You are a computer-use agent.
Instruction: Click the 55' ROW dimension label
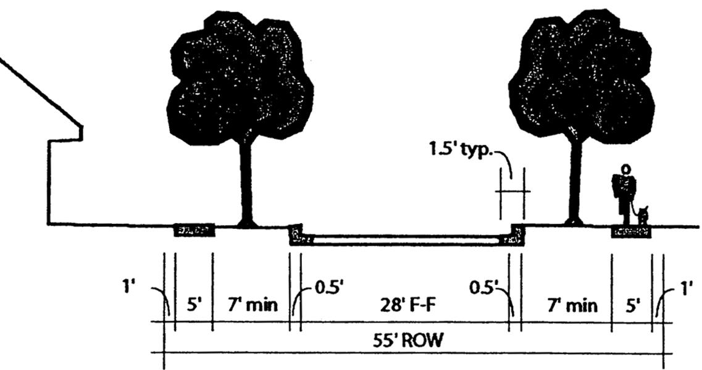pos(411,340)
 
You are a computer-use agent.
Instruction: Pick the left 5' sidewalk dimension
pos(193,306)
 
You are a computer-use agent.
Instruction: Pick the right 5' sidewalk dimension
pos(631,306)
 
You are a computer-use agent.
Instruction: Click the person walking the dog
pos(625,191)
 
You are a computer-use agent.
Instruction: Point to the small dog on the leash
pos(643,215)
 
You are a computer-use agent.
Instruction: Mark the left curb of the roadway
pos(296,235)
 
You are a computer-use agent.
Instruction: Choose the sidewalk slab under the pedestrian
pos(631,232)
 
